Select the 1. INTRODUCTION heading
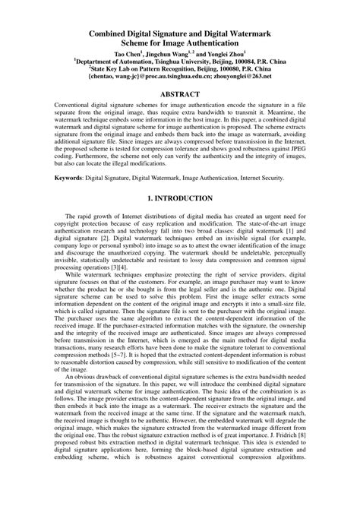pos(180,198)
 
